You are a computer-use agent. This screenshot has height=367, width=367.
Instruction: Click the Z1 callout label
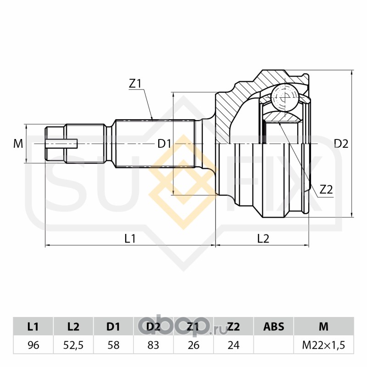[135, 83]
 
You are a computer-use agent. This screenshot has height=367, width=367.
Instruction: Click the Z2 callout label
[326, 189]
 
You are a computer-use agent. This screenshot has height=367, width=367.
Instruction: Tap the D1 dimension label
[164, 144]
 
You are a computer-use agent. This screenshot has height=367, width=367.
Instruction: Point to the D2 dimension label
[341, 144]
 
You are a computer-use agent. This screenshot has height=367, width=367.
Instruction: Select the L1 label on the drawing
[130, 239]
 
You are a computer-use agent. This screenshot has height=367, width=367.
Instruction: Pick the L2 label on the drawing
[263, 239]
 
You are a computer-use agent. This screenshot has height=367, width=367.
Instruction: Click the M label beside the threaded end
[18, 144]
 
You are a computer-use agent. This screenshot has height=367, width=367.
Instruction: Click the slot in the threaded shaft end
[61, 144]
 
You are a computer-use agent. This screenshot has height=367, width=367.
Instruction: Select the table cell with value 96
[33, 345]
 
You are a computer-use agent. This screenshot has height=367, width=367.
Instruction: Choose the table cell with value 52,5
[73, 345]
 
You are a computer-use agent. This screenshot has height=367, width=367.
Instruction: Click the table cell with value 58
[113, 345]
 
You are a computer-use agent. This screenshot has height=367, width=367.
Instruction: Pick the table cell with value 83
[154, 345]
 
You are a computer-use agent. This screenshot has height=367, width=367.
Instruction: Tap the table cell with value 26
[194, 345]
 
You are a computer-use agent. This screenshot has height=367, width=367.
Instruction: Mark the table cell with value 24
[234, 345]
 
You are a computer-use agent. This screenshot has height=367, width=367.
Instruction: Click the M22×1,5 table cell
[324, 345]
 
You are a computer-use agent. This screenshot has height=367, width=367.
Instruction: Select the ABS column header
[273, 327]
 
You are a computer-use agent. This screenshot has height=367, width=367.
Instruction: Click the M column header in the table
[324, 327]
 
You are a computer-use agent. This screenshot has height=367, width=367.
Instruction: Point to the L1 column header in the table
[33, 327]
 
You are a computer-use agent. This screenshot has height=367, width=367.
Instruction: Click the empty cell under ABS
[273, 345]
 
